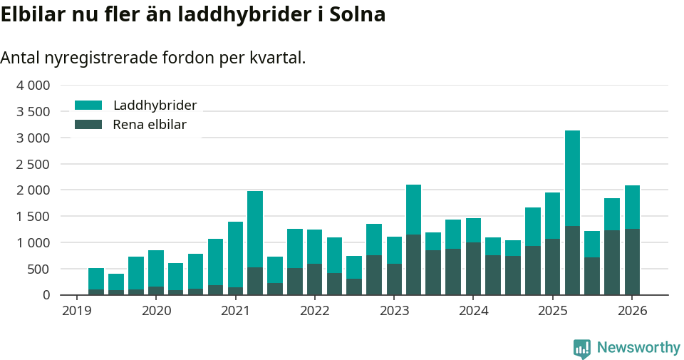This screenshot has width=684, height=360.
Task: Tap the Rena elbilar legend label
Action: tap(150, 125)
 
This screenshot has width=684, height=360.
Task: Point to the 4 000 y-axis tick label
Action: tap(33, 86)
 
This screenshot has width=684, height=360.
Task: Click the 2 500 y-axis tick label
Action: tap(33, 164)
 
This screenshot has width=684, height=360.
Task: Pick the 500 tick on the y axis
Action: tap(39, 269)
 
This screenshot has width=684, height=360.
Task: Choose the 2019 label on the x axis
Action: tap(77, 311)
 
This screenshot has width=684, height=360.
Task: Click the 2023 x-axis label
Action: tap(394, 311)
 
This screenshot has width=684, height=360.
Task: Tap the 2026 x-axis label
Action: tap(632, 311)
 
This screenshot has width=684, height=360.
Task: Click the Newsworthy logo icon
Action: tap(581, 348)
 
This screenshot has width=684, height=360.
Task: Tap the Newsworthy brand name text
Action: tap(638, 348)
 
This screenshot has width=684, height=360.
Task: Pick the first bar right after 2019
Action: tap(96, 282)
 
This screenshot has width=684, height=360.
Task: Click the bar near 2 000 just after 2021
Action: tap(255, 242)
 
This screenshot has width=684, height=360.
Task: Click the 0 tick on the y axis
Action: tap(46, 295)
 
